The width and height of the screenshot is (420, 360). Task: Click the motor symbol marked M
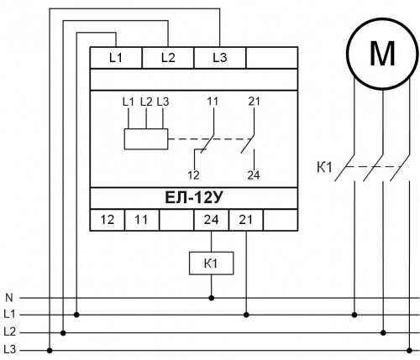pos(382,54)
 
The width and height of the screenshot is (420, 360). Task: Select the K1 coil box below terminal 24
pos(212,263)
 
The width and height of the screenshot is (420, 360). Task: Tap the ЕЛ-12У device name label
pos(194,198)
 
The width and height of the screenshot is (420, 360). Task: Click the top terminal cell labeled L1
pos(116,58)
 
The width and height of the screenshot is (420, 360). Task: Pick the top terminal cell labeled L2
pos(168,58)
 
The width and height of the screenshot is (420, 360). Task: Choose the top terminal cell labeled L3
pos(220,58)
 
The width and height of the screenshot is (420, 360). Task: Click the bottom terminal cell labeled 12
pos(108,220)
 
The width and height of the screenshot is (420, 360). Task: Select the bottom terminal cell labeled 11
pos(142,220)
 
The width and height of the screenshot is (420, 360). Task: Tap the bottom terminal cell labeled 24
pos(212,220)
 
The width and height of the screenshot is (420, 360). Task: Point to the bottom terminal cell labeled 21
pos(246,220)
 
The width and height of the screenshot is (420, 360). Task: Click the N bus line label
pos(9,298)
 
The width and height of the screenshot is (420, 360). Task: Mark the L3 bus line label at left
pos(10,349)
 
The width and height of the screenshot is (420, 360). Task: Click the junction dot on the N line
pos(212,298)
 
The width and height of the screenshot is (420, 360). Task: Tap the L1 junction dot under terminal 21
pos(246,316)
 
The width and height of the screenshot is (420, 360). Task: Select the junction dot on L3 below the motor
pos(409,351)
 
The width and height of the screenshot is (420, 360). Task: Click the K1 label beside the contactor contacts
pos(324,168)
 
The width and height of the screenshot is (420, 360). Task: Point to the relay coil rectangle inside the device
pos(146,139)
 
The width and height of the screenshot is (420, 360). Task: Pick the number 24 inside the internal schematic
pos(254,175)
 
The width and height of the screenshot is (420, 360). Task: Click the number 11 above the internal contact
pos(213,102)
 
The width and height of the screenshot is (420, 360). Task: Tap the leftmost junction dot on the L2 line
pos(63,333)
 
